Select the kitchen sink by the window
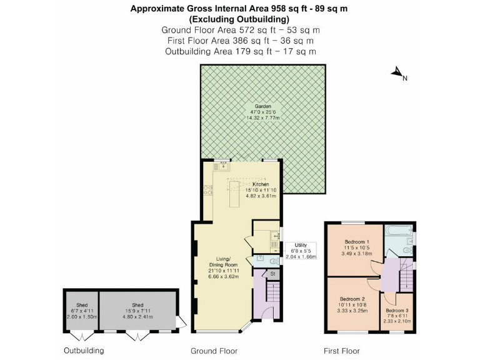[x=222, y=166]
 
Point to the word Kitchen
[x=261, y=184]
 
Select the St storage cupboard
[x=273, y=274]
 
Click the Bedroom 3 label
[x=397, y=311]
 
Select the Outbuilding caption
[x=84, y=351]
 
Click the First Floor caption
[x=341, y=351]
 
